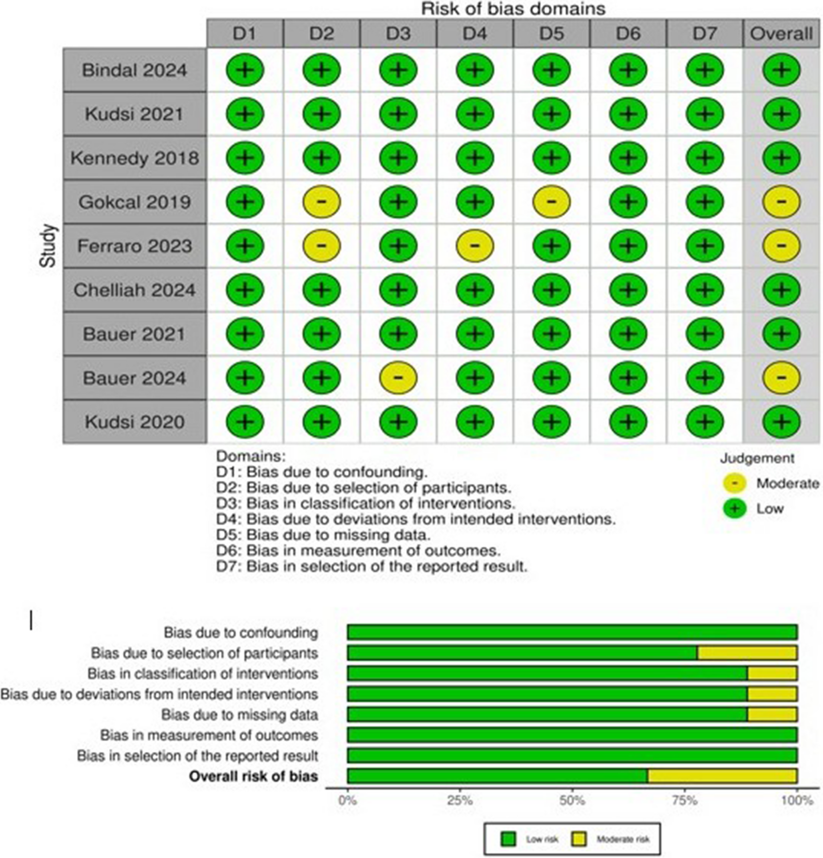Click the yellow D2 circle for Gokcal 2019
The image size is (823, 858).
pos(321,202)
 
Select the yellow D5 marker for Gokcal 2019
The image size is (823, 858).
pos(551,202)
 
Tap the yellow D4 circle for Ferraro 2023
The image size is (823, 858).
pos(474,245)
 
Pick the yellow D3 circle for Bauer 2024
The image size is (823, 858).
pos(398,377)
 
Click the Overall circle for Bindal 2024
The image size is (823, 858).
pos(781,70)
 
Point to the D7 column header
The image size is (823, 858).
pos(705,33)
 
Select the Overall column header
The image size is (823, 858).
pos(781,33)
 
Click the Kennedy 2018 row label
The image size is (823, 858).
pos(134,158)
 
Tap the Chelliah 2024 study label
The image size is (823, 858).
pos(134,290)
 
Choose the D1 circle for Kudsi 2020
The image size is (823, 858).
pos(245,422)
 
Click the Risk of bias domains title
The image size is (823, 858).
pos(513,9)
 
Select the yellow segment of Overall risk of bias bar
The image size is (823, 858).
pos(722,776)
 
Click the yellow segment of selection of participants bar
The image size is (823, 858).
pos(747,653)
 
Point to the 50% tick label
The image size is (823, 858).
pos(572,801)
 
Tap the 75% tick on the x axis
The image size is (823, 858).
pos(684,801)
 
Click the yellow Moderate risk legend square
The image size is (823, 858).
pos(579,839)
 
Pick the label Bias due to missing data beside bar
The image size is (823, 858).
pos(239,714)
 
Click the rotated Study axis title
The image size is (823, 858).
pos(48,245)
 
